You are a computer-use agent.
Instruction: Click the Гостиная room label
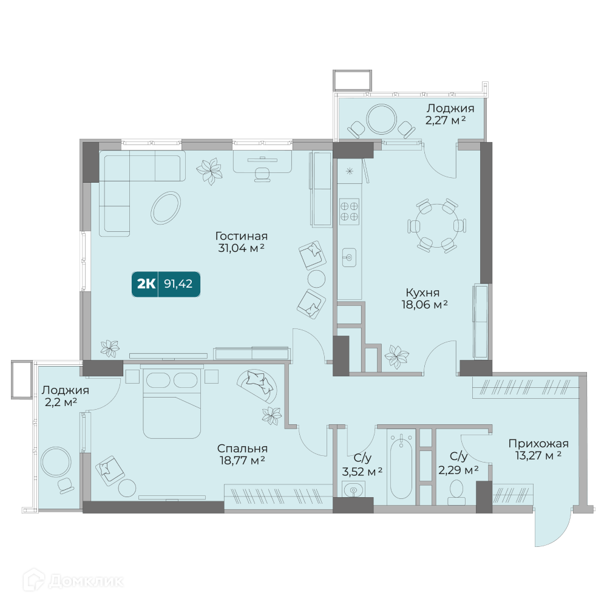241,236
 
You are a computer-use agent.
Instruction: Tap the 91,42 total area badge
166,284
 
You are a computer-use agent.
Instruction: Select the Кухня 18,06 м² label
424,299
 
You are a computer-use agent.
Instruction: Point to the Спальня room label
242,449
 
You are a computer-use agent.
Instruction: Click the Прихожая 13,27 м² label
538,449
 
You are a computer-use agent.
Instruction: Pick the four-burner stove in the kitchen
349,211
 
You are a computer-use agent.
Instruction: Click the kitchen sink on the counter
349,257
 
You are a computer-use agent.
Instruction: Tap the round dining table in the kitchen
436,225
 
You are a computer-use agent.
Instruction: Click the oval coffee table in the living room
166,208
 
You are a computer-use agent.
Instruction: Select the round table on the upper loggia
381,119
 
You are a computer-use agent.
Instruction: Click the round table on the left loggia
56,462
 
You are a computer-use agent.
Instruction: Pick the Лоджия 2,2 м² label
65,396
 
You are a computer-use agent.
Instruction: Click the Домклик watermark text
87,581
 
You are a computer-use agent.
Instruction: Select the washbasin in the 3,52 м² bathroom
353,490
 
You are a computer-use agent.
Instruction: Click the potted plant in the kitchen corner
396,356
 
